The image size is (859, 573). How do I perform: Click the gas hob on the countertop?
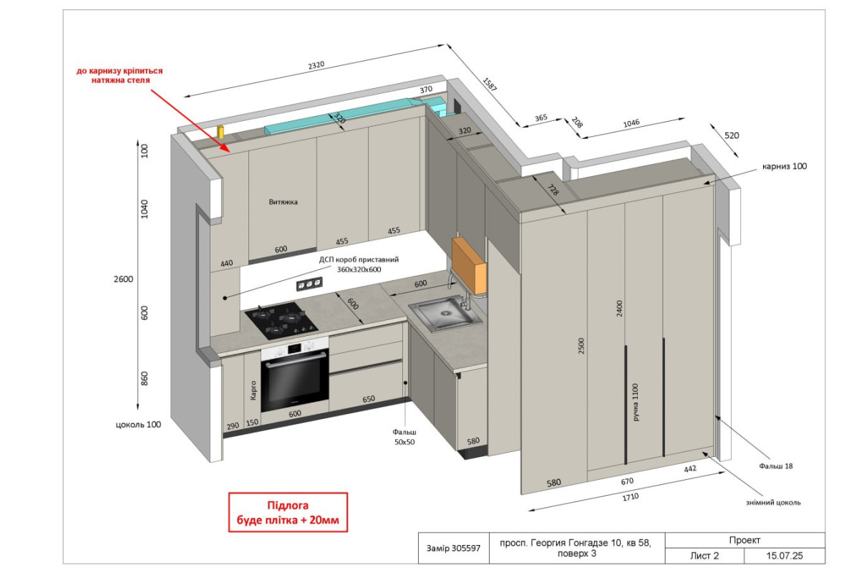click(281, 321)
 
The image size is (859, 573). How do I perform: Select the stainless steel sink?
click(446, 314)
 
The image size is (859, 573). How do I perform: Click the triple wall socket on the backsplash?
click(309, 284)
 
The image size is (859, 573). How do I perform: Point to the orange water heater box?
click(469, 265)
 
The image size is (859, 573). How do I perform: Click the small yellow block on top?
click(220, 132)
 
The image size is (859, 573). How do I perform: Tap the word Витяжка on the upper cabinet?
click(283, 202)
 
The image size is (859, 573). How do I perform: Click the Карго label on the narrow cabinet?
click(253, 390)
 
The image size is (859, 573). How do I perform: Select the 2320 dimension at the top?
click(316, 65)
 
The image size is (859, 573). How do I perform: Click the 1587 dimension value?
click(490, 85)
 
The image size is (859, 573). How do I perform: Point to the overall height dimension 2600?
click(123, 279)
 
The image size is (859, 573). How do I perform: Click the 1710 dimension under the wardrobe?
click(631, 497)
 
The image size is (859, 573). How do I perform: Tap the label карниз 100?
click(785, 166)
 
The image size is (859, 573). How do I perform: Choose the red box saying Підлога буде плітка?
click(288, 512)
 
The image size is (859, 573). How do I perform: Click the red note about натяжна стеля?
click(120, 75)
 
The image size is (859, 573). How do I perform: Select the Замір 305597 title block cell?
click(454, 548)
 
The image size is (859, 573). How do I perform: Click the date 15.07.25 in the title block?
click(785, 556)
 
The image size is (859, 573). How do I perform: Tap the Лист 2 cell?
click(704, 556)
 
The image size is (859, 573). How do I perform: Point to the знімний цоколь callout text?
click(773, 502)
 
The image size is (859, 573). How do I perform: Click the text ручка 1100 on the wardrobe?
click(636, 403)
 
